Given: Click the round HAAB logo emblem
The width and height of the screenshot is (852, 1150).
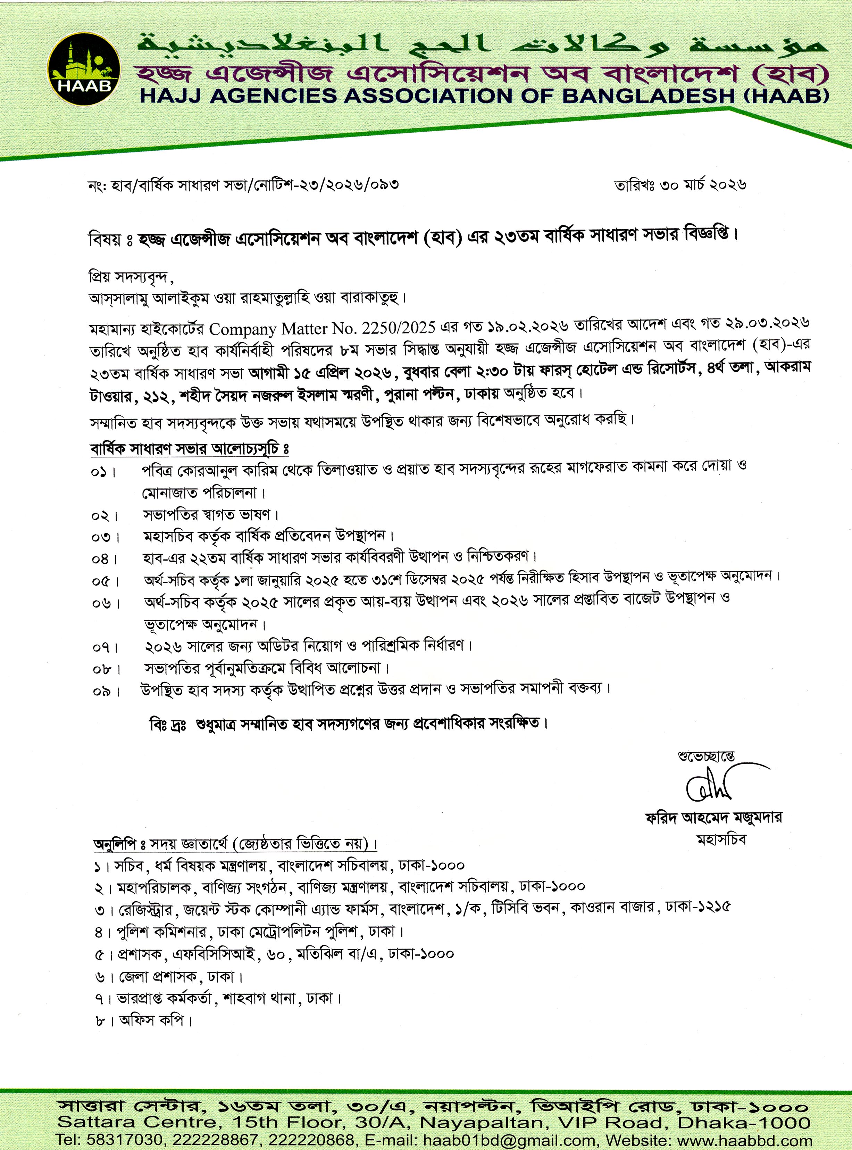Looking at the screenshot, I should pyautogui.click(x=84, y=70).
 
